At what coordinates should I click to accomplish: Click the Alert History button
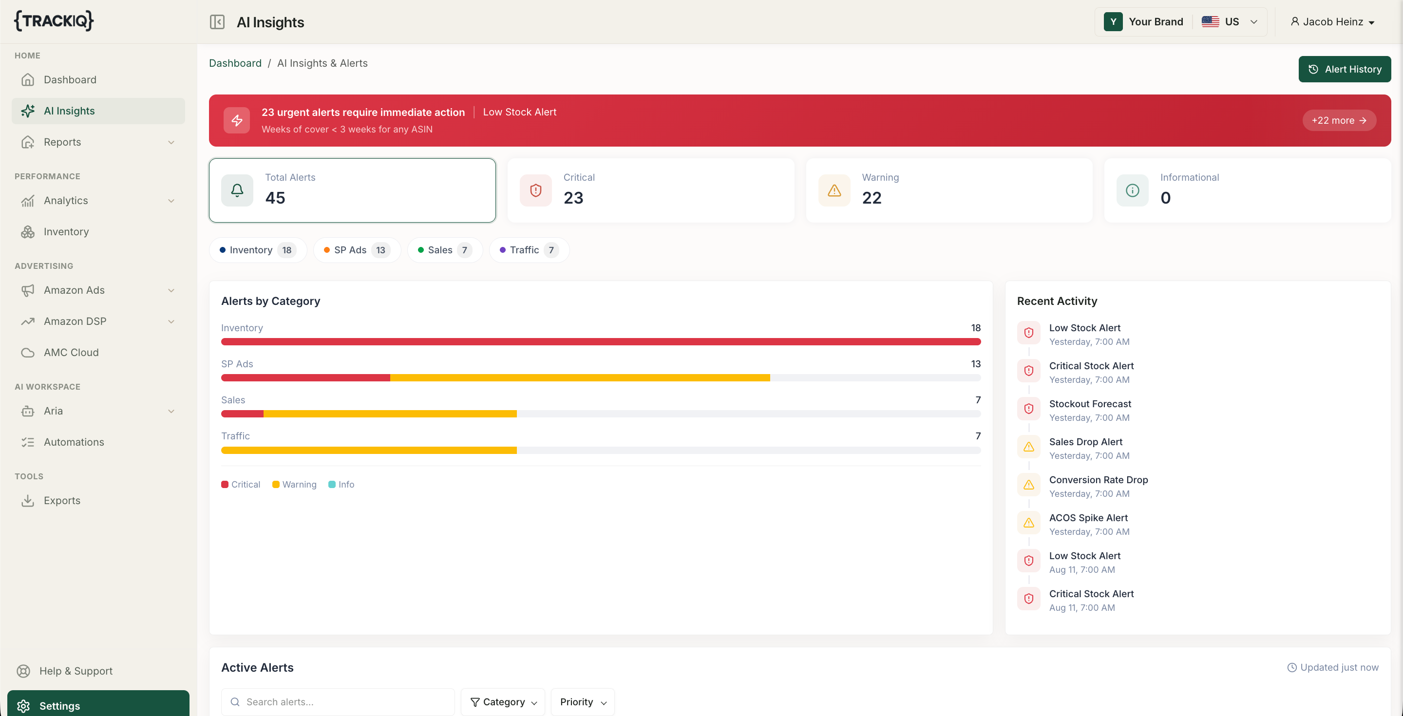(x=1344, y=69)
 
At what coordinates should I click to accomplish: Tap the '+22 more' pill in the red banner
(x=1339, y=120)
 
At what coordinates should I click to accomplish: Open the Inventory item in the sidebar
(x=66, y=231)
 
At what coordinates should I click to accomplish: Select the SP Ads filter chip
(x=357, y=250)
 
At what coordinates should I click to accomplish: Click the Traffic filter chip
(x=529, y=250)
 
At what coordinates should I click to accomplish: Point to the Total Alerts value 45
(x=275, y=198)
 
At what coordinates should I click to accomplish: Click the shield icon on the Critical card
(x=535, y=190)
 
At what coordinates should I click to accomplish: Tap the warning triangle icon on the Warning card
(x=834, y=190)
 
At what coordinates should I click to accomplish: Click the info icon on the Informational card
(x=1132, y=190)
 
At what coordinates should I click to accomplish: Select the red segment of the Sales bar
(x=243, y=414)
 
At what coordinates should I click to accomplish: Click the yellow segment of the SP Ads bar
(x=580, y=378)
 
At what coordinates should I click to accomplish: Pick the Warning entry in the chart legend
(x=294, y=485)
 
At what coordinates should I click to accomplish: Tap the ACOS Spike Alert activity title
(x=1088, y=518)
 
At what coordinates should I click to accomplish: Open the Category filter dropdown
(x=503, y=702)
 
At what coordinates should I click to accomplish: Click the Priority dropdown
(x=583, y=702)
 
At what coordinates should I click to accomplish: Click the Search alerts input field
(x=338, y=702)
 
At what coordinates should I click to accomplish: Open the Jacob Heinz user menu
(x=1332, y=22)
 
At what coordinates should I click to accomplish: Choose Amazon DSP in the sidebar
(x=75, y=321)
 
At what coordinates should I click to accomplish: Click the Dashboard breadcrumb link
(x=235, y=63)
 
